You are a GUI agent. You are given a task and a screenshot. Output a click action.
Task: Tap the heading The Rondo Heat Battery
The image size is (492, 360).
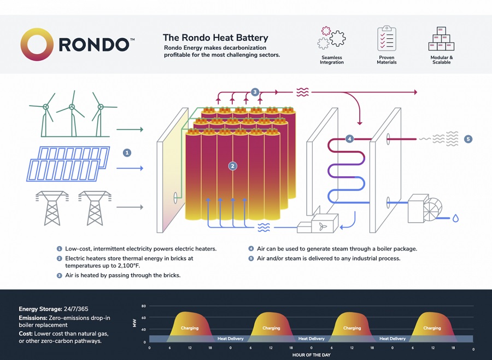click(215, 38)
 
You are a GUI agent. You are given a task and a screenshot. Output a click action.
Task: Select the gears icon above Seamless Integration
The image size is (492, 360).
click(331, 37)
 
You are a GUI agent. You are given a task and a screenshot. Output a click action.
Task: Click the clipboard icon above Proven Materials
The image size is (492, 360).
click(386, 38)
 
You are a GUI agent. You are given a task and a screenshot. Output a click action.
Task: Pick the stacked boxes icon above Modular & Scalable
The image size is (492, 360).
click(441, 39)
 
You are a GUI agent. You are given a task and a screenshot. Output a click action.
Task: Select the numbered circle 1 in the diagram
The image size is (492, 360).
click(127, 153)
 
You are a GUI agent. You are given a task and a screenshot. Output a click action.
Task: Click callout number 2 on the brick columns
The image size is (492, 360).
click(232, 166)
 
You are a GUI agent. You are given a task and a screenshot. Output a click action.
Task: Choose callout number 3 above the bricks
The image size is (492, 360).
click(255, 92)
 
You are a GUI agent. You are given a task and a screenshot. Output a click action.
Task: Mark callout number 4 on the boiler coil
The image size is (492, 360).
click(350, 139)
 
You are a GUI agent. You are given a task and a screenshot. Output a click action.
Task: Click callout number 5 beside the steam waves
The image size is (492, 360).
click(468, 139)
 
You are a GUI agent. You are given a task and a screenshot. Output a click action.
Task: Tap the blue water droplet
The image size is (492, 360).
click(455, 218)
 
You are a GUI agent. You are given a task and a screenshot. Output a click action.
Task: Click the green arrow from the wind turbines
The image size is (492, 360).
click(131, 130)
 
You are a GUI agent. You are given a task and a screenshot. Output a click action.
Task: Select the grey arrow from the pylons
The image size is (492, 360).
click(131, 207)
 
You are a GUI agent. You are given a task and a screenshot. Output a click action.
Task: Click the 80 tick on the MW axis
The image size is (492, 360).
click(144, 306)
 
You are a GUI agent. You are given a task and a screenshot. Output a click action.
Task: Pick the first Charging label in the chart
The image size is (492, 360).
click(190, 328)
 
